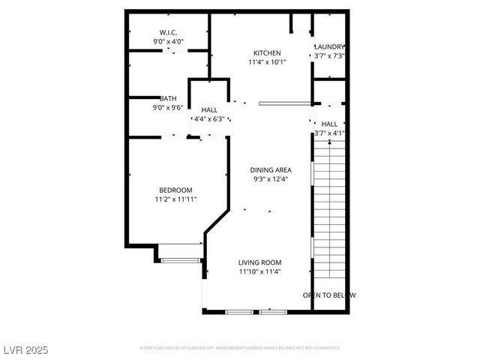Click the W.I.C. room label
click(168, 32)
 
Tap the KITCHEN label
click(267, 52)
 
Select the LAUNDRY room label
click(329, 46)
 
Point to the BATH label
click(168, 98)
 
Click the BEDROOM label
click(175, 190)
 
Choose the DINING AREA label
click(271, 169)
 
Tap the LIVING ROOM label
click(260, 262)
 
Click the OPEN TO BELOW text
click(329, 295)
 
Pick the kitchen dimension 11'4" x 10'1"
click(267, 62)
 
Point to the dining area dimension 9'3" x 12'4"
click(271, 179)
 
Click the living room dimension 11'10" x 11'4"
click(260, 272)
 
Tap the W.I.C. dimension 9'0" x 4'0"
click(168, 42)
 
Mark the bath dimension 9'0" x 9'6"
click(168, 108)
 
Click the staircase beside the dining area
click(328, 210)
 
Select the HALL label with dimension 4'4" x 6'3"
click(209, 110)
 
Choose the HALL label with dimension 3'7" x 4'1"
click(329, 124)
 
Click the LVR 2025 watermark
click(26, 350)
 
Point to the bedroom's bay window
click(181, 260)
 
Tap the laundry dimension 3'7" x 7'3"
click(329, 56)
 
